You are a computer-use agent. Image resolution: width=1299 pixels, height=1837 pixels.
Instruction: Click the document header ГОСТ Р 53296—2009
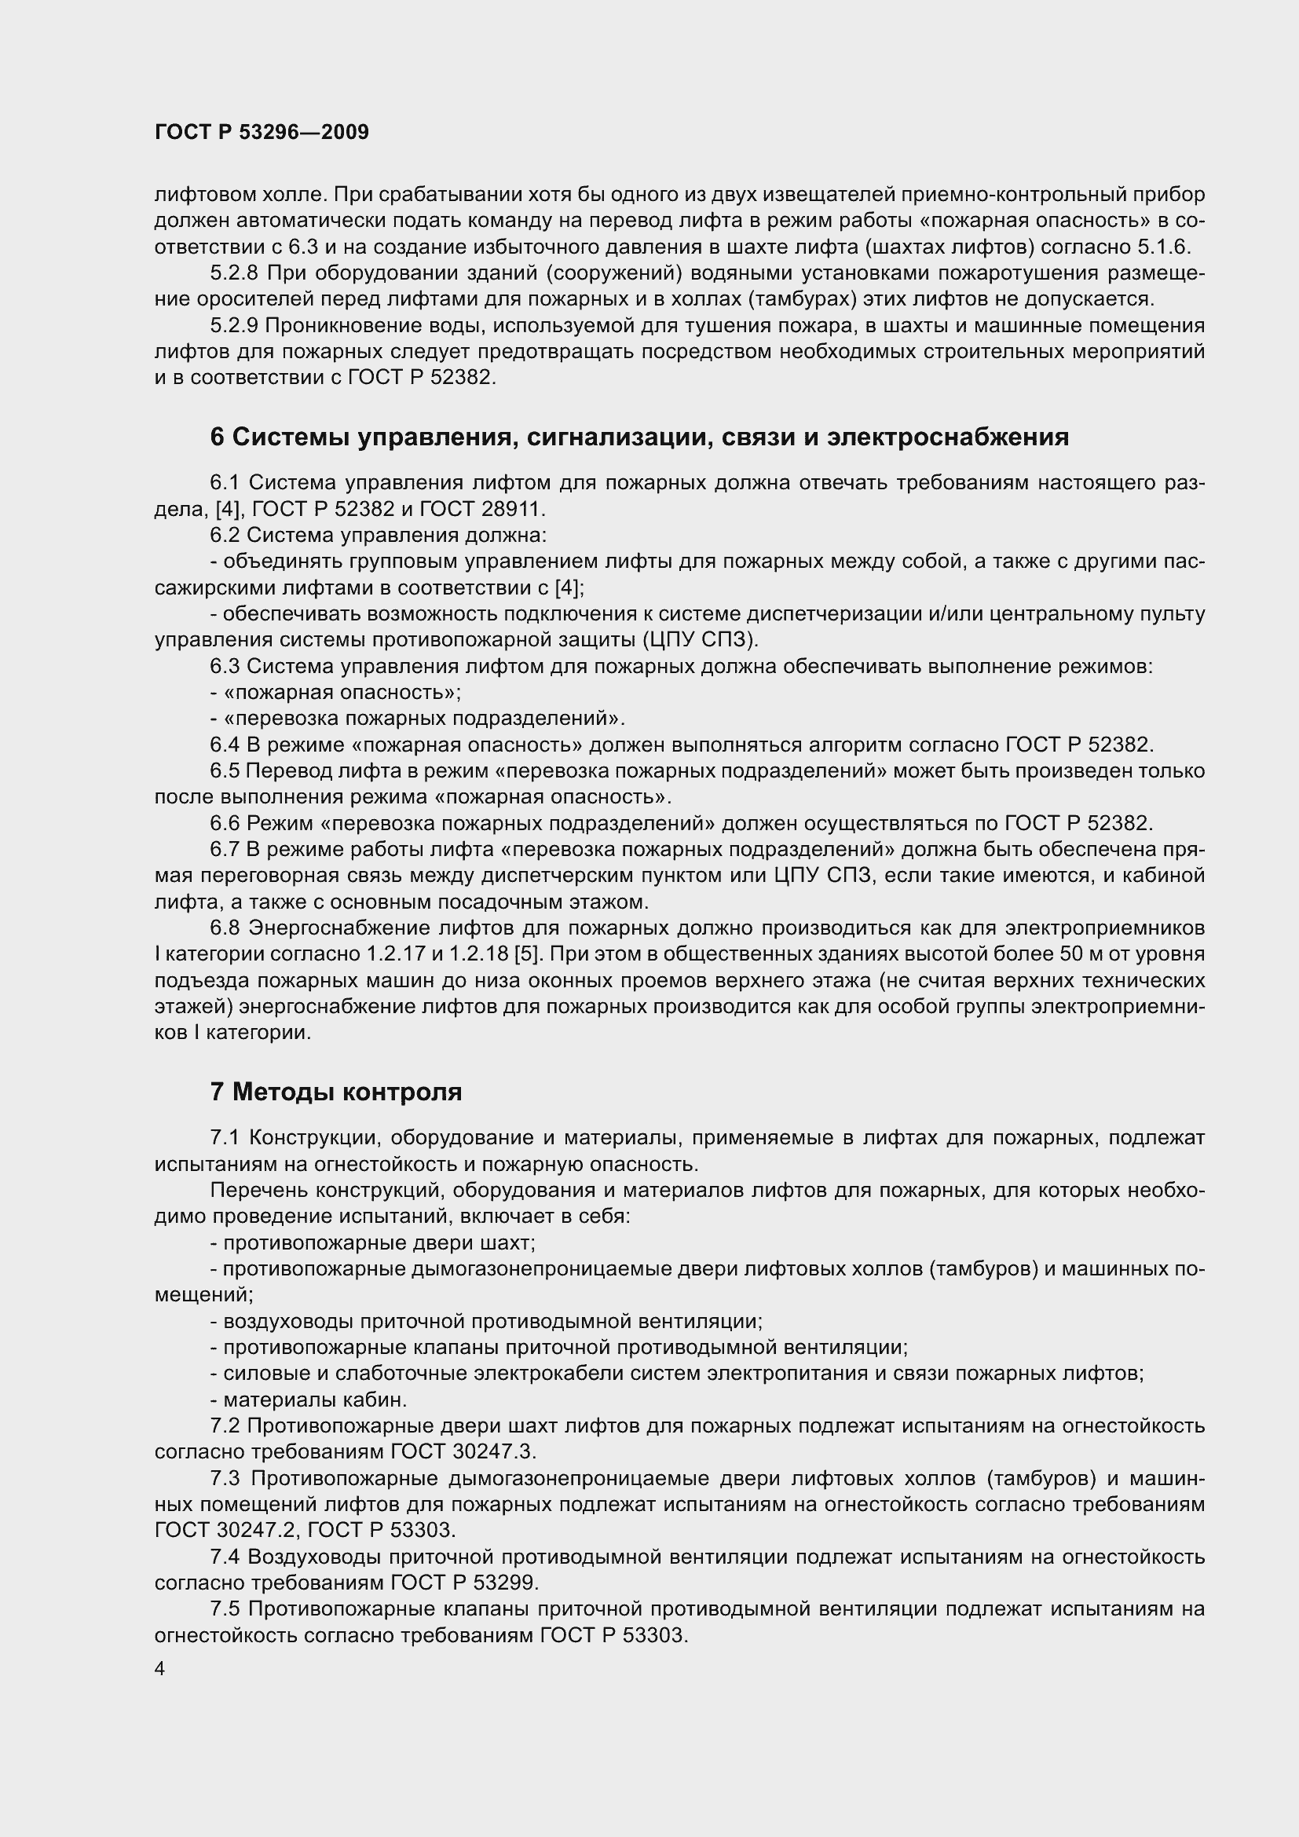click(x=262, y=133)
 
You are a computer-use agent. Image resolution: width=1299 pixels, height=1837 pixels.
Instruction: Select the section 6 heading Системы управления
click(x=639, y=437)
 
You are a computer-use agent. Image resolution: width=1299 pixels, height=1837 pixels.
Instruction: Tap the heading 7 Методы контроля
click(x=336, y=1092)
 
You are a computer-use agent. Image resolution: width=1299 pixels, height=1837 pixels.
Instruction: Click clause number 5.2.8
click(x=233, y=273)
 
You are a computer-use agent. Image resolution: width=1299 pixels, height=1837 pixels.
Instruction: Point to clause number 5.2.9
click(x=233, y=326)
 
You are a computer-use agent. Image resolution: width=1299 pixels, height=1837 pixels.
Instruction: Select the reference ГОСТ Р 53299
click(x=466, y=1583)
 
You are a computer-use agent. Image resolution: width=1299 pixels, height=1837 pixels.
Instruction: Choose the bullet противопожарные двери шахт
click(x=373, y=1242)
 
